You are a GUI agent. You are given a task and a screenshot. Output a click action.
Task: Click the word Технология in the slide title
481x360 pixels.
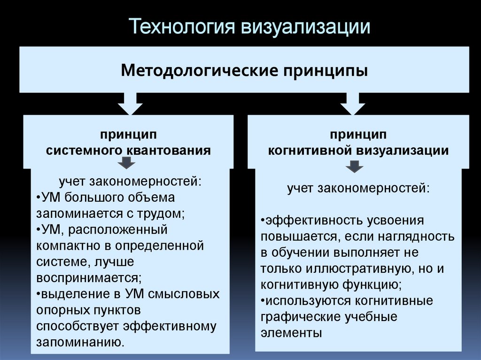click(x=182, y=26)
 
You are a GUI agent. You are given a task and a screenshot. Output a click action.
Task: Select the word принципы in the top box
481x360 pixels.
click(x=326, y=71)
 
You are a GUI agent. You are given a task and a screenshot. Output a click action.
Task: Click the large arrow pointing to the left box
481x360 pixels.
click(x=130, y=104)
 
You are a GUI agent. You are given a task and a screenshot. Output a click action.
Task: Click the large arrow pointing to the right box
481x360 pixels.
click(x=353, y=104)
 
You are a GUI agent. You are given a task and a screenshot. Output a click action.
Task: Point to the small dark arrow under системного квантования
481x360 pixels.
click(x=127, y=163)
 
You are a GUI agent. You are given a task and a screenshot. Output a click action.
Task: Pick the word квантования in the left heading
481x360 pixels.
click(x=169, y=151)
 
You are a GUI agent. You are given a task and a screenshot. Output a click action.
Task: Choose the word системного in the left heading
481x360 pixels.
click(x=84, y=151)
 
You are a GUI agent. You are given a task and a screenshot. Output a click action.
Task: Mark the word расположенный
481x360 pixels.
click(x=117, y=230)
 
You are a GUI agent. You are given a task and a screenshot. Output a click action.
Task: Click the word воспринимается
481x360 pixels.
click(x=89, y=278)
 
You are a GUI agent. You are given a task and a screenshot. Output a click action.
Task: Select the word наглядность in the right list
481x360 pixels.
click(x=416, y=237)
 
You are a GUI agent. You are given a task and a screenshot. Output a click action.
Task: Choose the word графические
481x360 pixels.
click(x=300, y=317)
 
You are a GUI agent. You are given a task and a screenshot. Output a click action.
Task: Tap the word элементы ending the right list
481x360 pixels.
click(x=291, y=333)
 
